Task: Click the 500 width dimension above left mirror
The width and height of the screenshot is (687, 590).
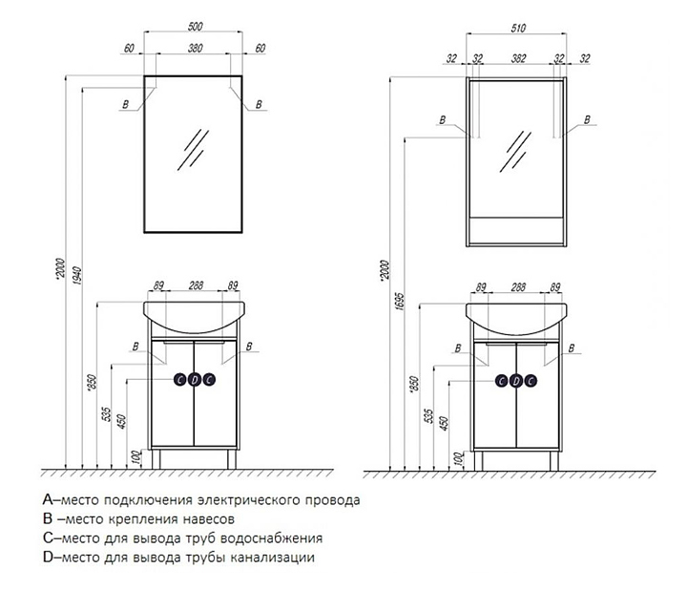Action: click(x=195, y=27)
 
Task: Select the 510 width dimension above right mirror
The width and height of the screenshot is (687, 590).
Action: click(x=518, y=28)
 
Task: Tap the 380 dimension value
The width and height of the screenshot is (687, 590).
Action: click(x=195, y=48)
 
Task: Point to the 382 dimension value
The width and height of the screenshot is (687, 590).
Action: click(x=518, y=58)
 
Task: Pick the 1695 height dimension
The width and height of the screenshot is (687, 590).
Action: click(x=399, y=302)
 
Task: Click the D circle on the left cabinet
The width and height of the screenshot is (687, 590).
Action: click(x=195, y=380)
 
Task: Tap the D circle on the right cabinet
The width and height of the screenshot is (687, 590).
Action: click(x=516, y=381)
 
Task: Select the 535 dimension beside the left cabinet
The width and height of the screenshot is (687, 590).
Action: click(x=107, y=414)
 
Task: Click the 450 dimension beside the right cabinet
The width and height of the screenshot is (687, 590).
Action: click(x=444, y=424)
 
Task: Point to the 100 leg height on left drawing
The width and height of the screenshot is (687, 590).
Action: click(x=136, y=457)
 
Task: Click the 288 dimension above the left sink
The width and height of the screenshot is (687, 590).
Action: click(x=196, y=285)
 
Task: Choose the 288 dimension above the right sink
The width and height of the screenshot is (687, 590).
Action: click(x=518, y=287)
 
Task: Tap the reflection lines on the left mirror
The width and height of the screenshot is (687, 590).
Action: click(x=193, y=150)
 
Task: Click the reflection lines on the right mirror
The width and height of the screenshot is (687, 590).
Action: click(x=515, y=152)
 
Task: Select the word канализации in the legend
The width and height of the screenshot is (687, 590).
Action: click(x=272, y=558)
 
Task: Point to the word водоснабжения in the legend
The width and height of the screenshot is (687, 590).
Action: click(x=271, y=538)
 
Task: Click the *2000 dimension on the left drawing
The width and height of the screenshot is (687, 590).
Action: click(x=60, y=268)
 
